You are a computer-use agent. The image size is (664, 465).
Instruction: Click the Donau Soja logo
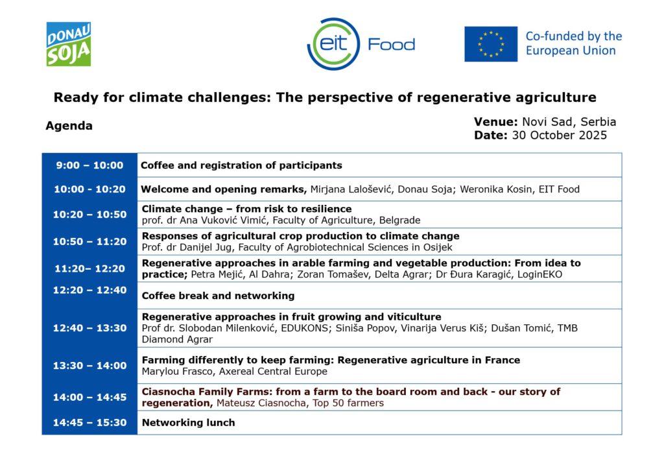point(69,44)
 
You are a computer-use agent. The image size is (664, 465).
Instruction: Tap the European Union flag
point(491,44)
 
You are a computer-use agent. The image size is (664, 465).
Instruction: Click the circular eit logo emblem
point(334,44)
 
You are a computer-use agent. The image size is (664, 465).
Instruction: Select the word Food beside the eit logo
point(391,45)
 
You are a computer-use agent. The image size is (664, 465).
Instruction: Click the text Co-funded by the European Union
point(574,43)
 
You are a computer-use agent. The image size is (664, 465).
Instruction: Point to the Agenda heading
point(69,126)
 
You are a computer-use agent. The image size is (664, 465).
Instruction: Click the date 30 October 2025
point(560,135)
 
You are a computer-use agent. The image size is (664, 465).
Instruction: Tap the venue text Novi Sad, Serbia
point(569,122)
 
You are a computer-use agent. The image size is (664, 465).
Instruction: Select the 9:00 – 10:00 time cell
point(89,165)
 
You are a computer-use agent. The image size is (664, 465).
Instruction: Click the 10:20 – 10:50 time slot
point(89,214)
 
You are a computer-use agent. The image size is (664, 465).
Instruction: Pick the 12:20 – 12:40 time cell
point(89,290)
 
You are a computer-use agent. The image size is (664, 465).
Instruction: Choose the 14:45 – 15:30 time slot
point(89,423)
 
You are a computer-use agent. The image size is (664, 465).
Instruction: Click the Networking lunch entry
point(189,423)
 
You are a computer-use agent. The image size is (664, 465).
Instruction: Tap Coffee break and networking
point(218,296)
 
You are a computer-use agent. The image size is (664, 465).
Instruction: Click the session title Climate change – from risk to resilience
point(247,209)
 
